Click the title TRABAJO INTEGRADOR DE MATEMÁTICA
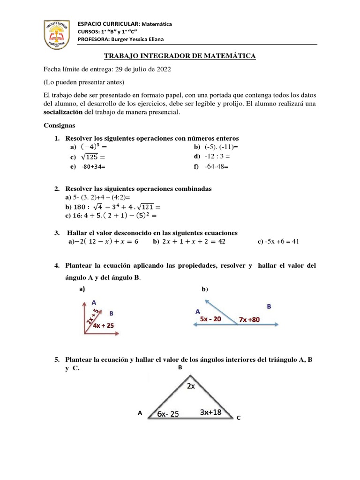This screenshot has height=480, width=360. [x=180, y=56]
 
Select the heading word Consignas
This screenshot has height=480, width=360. [x=59, y=126]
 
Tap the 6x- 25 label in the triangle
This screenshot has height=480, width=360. [x=168, y=413]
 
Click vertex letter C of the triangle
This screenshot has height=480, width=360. [x=238, y=417]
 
